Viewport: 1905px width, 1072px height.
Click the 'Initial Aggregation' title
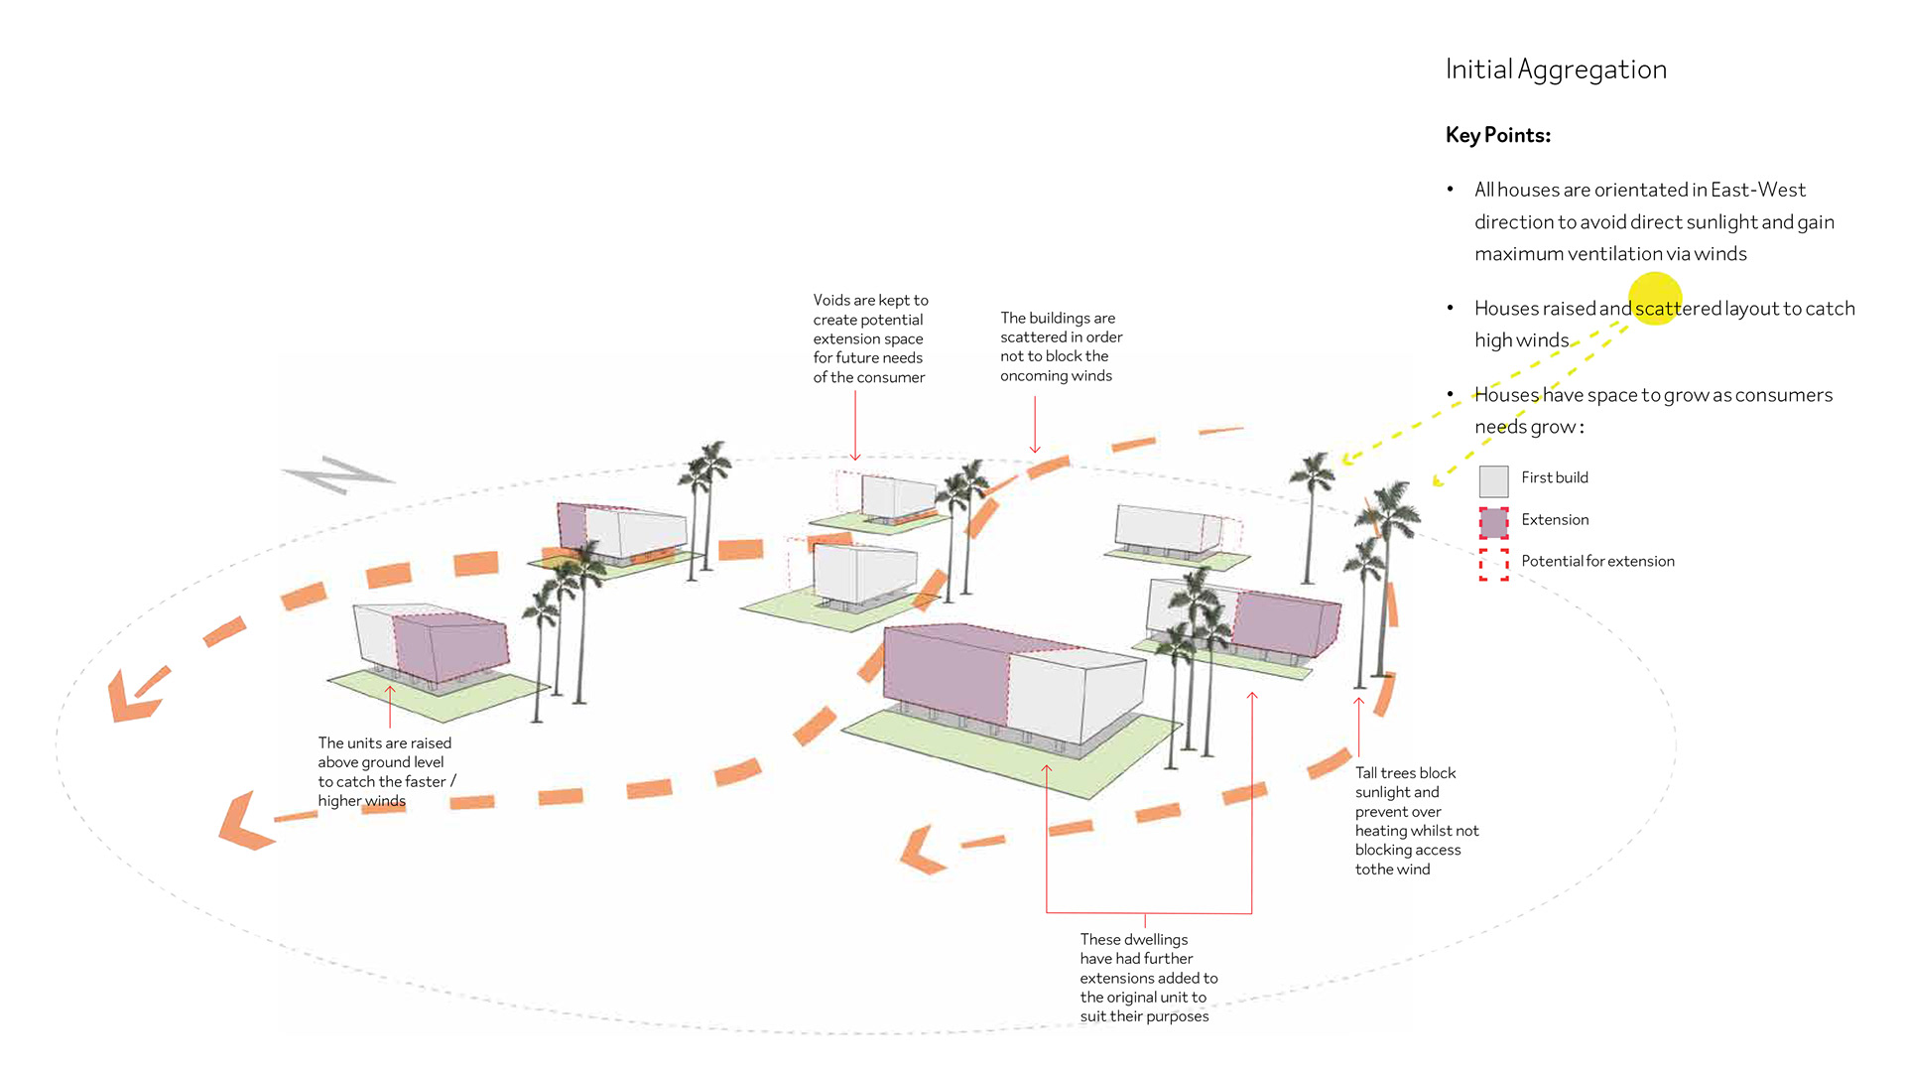(x=1555, y=69)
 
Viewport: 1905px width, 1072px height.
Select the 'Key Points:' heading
(x=1497, y=135)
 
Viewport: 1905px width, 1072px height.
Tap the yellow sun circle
(x=1654, y=298)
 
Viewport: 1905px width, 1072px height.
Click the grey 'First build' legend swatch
(x=1493, y=481)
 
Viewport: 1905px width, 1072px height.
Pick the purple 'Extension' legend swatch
(x=1493, y=522)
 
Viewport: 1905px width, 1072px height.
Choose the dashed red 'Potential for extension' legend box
(x=1493, y=564)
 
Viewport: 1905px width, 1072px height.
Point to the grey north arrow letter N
(x=338, y=475)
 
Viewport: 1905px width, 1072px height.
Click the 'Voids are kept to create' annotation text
(x=869, y=338)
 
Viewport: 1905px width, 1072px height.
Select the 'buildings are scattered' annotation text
(x=1061, y=346)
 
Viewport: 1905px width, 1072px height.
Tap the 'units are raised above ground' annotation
(x=385, y=771)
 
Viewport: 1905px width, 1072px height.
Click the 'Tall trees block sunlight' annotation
(x=1416, y=821)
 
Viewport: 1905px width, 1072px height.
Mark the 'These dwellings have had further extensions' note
(x=1148, y=978)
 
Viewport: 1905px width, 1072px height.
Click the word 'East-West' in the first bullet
(x=1757, y=190)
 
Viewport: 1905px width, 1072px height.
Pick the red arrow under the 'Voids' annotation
(x=855, y=427)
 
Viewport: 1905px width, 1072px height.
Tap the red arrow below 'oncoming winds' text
(x=1035, y=425)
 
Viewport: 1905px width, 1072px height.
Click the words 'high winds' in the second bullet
(x=1521, y=340)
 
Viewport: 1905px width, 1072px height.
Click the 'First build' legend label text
(x=1554, y=477)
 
